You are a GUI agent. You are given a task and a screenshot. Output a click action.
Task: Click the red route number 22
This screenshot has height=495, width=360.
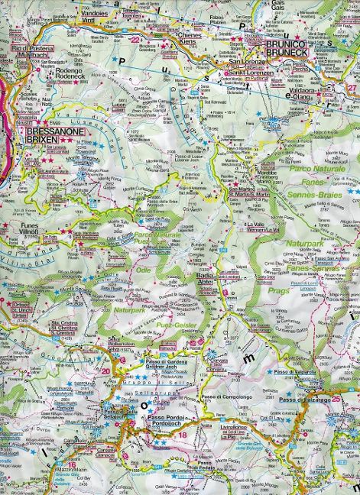135,39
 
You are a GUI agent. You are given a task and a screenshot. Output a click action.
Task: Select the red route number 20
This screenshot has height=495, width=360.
105,371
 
